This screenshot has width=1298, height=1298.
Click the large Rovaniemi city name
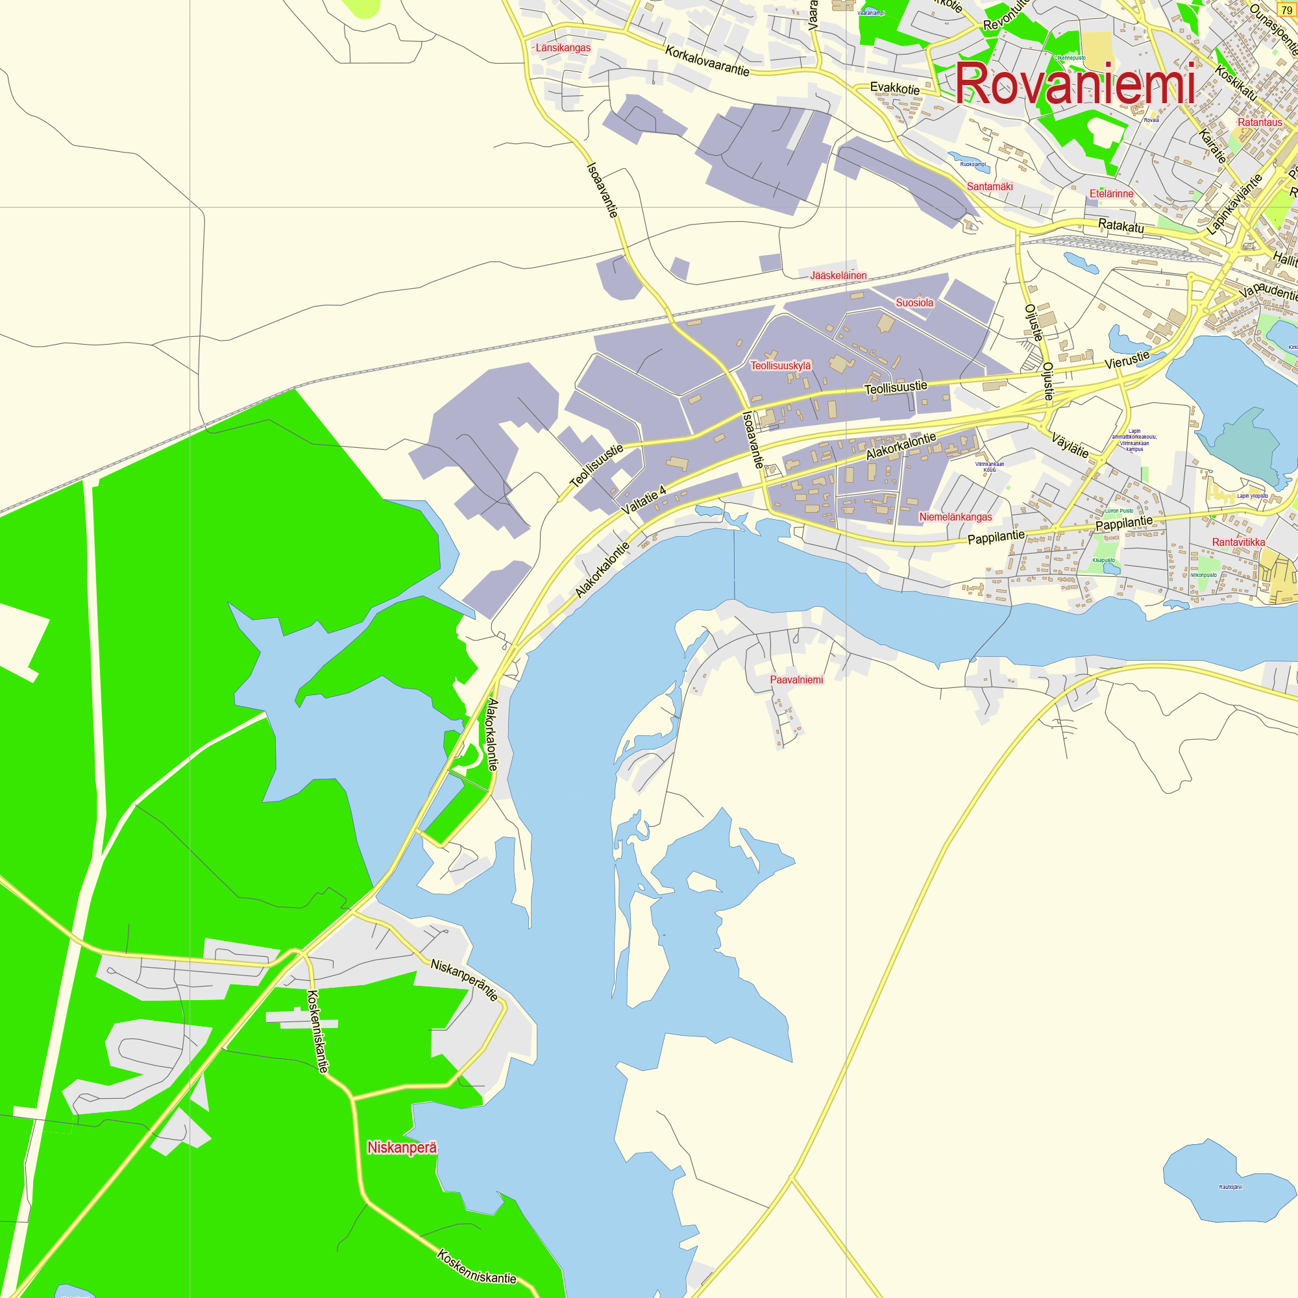coord(1075,84)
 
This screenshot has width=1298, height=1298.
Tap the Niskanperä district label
coord(402,1147)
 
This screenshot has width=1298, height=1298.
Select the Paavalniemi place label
coord(796,680)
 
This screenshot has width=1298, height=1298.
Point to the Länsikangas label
coord(563,47)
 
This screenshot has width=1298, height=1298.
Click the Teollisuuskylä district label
coord(781,365)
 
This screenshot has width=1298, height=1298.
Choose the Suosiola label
coord(914,303)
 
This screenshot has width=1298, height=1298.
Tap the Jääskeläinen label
coord(838,275)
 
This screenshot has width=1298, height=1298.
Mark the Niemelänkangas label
coord(955,517)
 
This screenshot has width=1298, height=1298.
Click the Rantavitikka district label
coord(1238,542)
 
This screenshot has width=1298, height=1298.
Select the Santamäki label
coord(990,186)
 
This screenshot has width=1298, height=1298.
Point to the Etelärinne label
coord(1111,193)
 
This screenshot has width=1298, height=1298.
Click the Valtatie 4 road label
coord(644,500)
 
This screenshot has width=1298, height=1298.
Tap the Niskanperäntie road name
coord(464,980)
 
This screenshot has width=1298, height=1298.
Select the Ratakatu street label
coord(1121,226)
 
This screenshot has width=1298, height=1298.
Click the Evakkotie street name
coord(894,88)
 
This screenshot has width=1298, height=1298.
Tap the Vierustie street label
coord(1127,360)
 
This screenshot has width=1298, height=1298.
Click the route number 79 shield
coord(1286,11)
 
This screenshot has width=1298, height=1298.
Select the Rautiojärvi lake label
coord(1230,1187)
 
